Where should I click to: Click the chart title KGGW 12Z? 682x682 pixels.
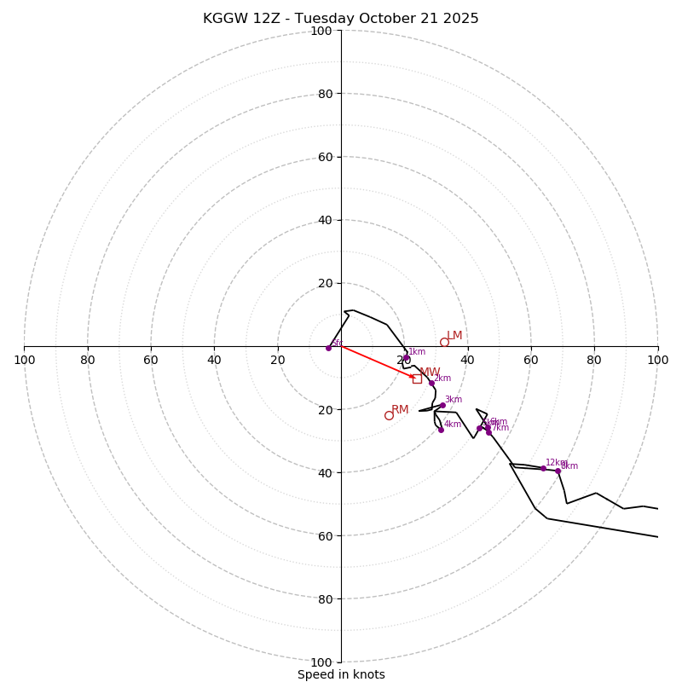(340, 19)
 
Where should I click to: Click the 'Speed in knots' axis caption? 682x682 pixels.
(341, 674)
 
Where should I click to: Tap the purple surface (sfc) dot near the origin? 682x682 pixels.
(328, 348)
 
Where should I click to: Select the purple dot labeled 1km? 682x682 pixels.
(407, 359)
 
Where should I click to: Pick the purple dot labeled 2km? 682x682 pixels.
(431, 383)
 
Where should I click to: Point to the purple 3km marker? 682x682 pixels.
(442, 406)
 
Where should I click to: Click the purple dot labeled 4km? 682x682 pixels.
(441, 430)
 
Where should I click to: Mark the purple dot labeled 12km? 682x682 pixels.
(543, 468)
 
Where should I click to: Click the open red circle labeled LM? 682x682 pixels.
(444, 342)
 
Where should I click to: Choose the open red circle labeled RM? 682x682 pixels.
(389, 415)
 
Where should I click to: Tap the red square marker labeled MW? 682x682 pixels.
(417, 379)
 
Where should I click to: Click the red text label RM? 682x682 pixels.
(400, 410)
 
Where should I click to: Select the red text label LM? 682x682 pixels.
(454, 336)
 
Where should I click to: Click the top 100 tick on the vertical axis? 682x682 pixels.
(321, 32)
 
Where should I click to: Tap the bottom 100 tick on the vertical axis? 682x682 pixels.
(321, 662)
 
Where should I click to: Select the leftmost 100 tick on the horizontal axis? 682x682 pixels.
(24, 360)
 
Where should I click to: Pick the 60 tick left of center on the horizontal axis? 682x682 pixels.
(151, 360)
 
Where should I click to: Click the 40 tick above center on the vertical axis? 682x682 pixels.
(324, 220)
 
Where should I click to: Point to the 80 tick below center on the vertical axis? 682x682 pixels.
(324, 599)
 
